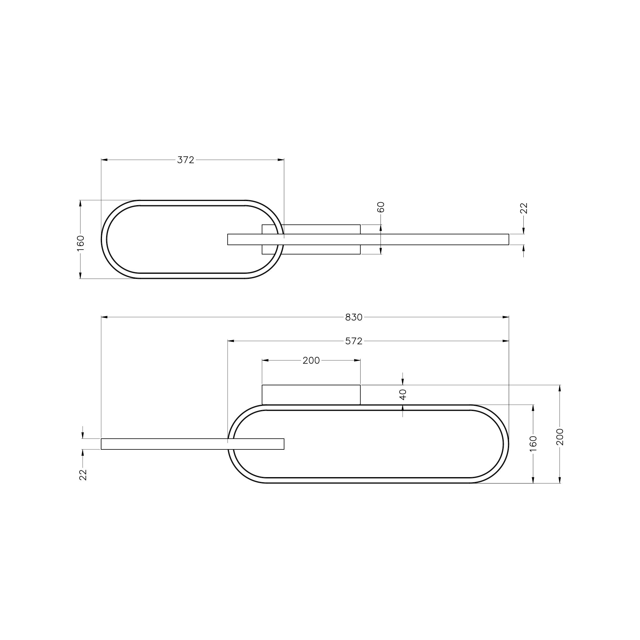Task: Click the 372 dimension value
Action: click(x=185, y=160)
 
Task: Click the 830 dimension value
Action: click(x=354, y=317)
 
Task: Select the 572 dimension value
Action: click(x=354, y=341)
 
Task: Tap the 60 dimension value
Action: click(x=381, y=207)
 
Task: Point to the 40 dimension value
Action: click(x=403, y=395)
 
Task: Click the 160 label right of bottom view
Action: click(x=533, y=443)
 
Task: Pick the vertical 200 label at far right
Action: click(x=560, y=437)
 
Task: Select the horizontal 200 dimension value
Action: click(x=311, y=361)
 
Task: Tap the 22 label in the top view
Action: click(x=524, y=208)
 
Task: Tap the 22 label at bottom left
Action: click(x=83, y=475)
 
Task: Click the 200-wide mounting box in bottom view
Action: click(x=311, y=395)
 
